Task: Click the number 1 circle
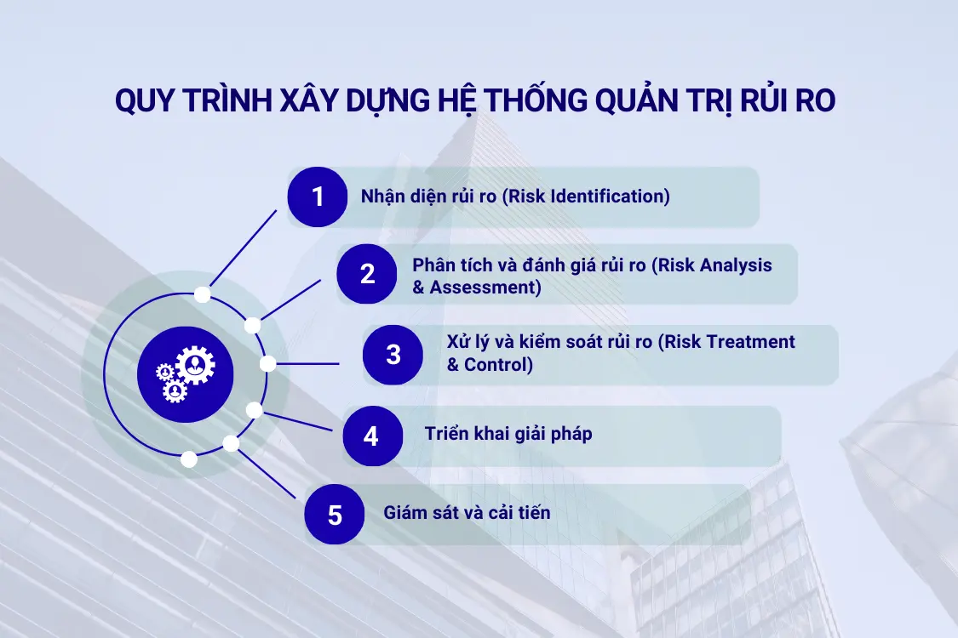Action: [x=318, y=197]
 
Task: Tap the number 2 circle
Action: [x=367, y=274]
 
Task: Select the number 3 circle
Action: [x=393, y=354]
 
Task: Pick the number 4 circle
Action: [x=371, y=436]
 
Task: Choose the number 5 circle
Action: [x=335, y=514]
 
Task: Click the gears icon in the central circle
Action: [x=185, y=373]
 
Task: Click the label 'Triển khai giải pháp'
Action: [x=508, y=434]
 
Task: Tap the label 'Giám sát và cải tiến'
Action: [x=467, y=513]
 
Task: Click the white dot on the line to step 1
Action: [x=203, y=294]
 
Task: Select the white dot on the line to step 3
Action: [x=267, y=364]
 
